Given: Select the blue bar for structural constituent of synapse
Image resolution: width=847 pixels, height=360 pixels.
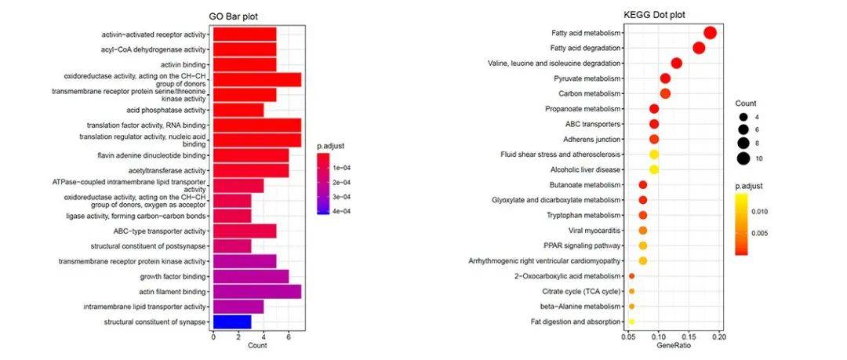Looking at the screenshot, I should coord(232,322).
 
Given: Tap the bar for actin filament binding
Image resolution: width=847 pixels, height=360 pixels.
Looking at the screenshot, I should coord(257,292).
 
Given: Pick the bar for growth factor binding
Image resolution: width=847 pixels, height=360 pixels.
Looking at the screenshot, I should coord(251,276).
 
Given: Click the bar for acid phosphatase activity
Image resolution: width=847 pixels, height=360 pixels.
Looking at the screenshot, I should coord(238,110).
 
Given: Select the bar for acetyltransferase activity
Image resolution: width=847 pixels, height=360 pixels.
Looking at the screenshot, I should coord(251,170).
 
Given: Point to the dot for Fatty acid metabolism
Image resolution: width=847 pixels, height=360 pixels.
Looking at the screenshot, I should coord(710,33).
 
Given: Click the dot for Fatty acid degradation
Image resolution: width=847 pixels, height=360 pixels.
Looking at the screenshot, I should coord(699,49).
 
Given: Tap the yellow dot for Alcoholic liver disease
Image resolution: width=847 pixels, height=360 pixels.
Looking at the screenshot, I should coord(654,169).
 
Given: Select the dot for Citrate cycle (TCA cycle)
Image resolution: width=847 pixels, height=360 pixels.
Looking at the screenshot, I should coord(632,291).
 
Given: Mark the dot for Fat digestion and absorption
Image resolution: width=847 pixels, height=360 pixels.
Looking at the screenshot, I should coord(632,322).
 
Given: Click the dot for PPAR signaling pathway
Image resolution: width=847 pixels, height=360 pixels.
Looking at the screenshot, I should coord(643,245).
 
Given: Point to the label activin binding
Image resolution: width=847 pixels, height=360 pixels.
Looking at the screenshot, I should coord(184,65).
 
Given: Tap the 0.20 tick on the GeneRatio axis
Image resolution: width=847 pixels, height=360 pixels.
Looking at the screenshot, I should coord(718,336).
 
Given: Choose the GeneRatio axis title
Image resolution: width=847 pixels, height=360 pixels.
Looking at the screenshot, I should coord(674,346).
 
